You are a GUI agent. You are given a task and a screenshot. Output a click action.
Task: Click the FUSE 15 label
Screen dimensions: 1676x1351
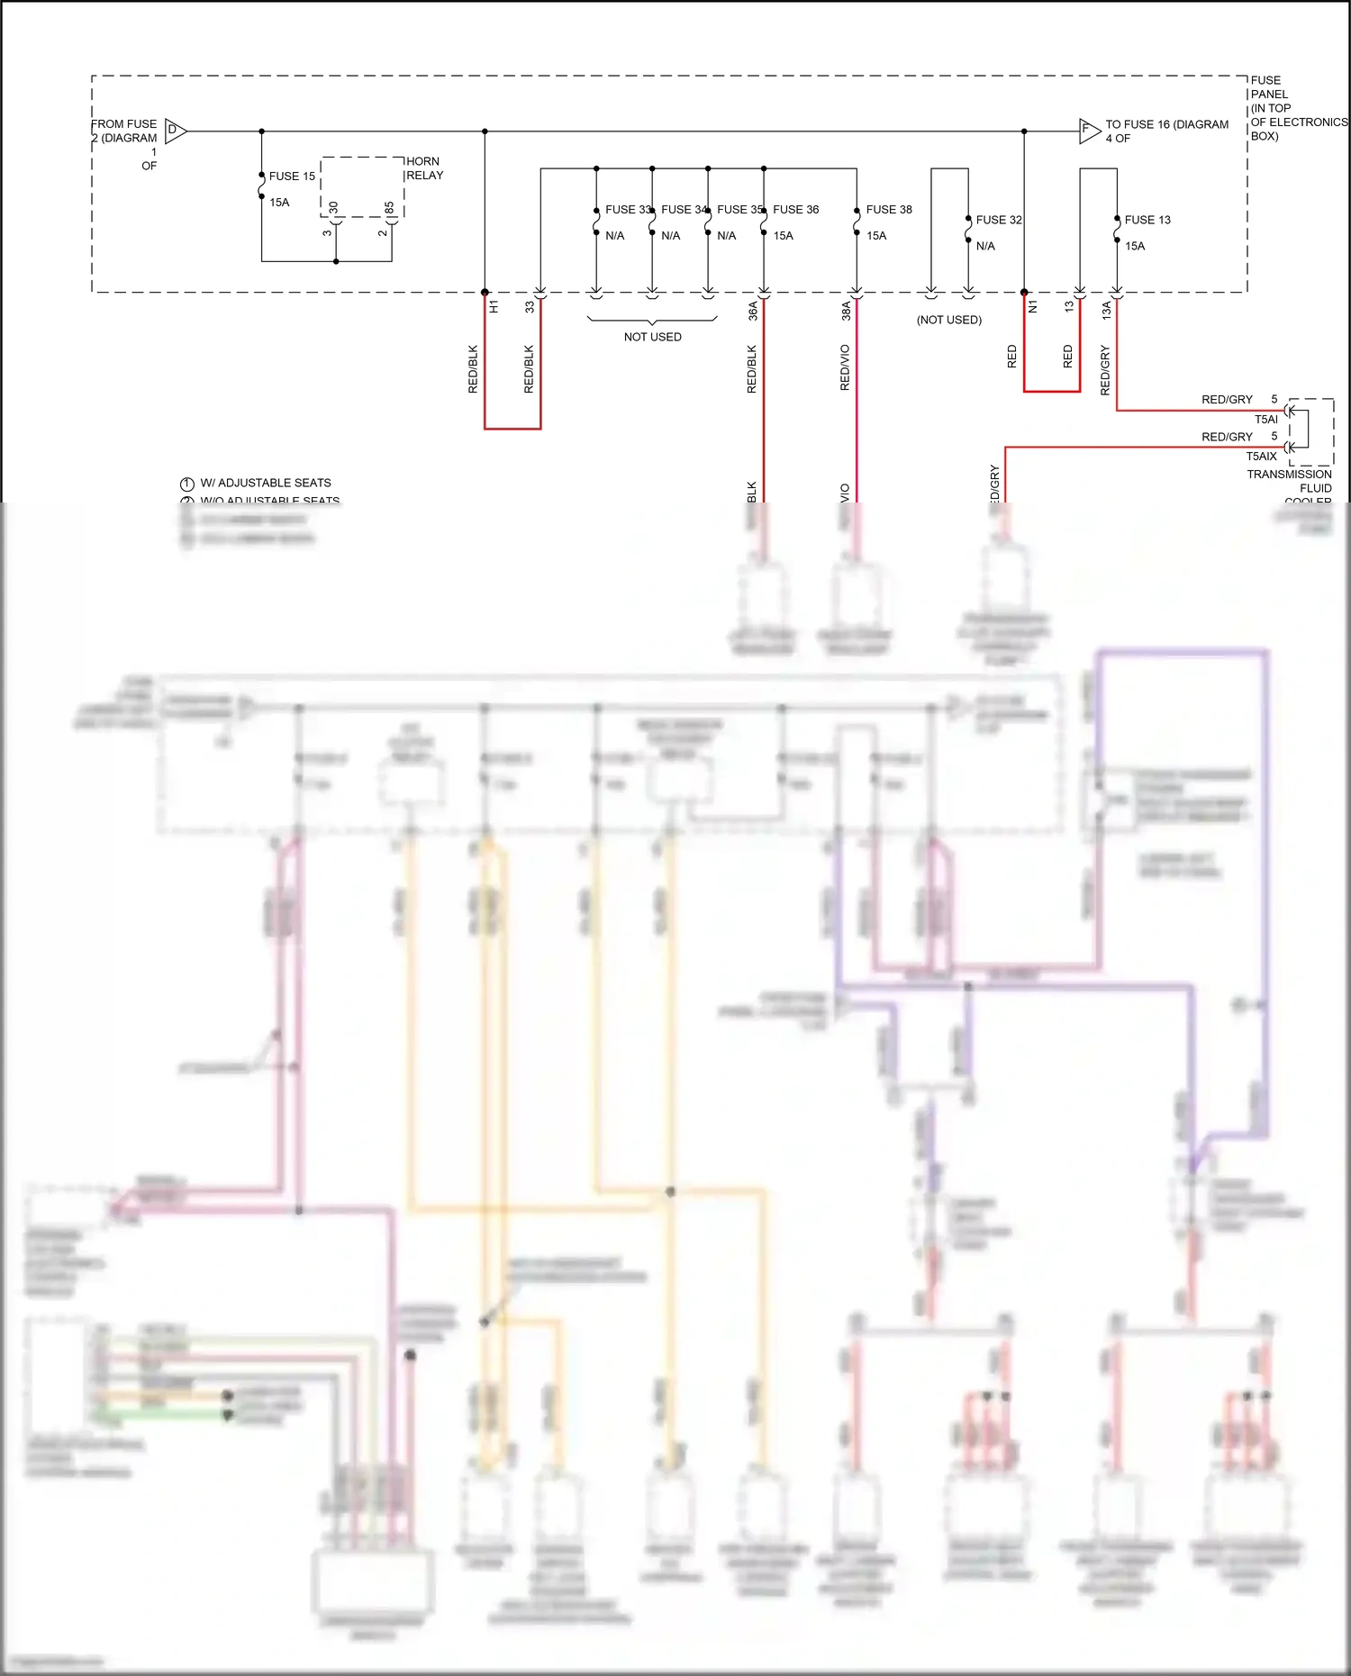(x=292, y=177)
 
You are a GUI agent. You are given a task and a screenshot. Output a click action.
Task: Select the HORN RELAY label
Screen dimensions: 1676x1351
(x=424, y=168)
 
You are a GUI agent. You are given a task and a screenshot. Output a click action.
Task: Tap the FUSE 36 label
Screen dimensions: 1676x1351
(x=795, y=210)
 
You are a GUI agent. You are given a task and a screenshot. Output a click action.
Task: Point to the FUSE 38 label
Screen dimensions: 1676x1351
(x=888, y=210)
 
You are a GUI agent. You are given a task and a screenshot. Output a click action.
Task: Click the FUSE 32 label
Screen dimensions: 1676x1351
(x=998, y=220)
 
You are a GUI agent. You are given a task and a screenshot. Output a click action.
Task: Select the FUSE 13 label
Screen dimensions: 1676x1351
(x=1147, y=220)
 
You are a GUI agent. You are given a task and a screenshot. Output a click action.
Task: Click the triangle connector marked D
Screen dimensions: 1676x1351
(x=175, y=131)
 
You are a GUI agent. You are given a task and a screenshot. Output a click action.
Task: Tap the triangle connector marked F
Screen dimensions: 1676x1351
(x=1088, y=131)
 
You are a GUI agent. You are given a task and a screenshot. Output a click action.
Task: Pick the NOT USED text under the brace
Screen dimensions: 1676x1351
(x=652, y=337)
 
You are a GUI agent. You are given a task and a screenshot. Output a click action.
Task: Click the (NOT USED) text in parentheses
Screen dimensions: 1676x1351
(x=948, y=320)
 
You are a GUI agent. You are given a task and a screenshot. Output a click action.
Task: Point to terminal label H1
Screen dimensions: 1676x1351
(x=494, y=307)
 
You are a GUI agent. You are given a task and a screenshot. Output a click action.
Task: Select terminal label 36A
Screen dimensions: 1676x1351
(x=753, y=311)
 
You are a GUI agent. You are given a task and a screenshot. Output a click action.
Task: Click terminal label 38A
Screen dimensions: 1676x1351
(x=846, y=311)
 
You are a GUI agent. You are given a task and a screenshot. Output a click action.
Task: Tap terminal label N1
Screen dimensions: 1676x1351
(x=1033, y=307)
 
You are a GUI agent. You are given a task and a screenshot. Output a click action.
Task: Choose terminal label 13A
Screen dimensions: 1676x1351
(x=1106, y=311)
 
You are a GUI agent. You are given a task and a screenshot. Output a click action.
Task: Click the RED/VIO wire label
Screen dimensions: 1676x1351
(x=845, y=367)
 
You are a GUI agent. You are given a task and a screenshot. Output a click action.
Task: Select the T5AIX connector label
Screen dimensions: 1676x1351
(x=1261, y=457)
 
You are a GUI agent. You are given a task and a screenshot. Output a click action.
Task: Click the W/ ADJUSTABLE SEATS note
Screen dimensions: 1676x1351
(x=265, y=483)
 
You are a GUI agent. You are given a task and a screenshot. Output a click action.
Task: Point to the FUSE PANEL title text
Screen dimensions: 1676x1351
(x=1269, y=87)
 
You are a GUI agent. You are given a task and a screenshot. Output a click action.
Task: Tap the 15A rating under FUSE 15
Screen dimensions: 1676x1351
(x=279, y=203)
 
